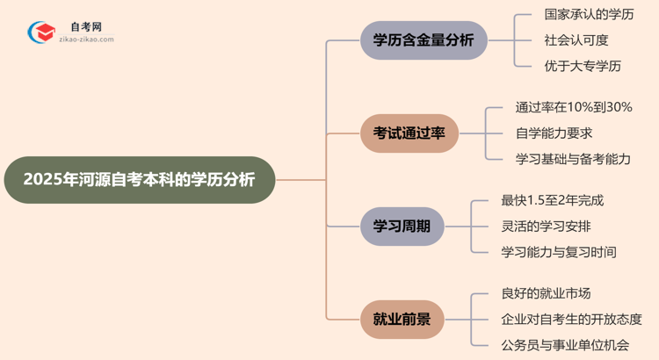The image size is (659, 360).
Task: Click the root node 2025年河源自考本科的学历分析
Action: tap(139, 180)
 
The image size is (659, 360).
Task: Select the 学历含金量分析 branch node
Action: tap(424, 40)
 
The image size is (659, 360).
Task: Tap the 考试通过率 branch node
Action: tap(409, 133)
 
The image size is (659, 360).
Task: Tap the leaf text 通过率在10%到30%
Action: tap(574, 107)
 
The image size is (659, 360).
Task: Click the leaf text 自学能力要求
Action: tap(554, 133)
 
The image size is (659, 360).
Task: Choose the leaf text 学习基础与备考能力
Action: tap(573, 159)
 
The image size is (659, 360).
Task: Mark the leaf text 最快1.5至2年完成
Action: tap(553, 200)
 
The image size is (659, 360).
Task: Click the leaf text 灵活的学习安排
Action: tap(546, 226)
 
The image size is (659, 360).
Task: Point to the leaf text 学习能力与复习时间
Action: tap(559, 252)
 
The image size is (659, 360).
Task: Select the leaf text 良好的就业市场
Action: tap(546, 293)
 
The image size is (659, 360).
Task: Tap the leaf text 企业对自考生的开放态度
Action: tap(571, 319)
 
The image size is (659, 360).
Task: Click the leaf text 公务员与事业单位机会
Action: tap(565, 345)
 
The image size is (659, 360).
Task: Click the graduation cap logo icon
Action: tap(41, 32)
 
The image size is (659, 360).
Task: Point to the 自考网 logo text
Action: tap(85, 27)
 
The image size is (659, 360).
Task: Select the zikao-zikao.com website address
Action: tap(85, 40)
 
